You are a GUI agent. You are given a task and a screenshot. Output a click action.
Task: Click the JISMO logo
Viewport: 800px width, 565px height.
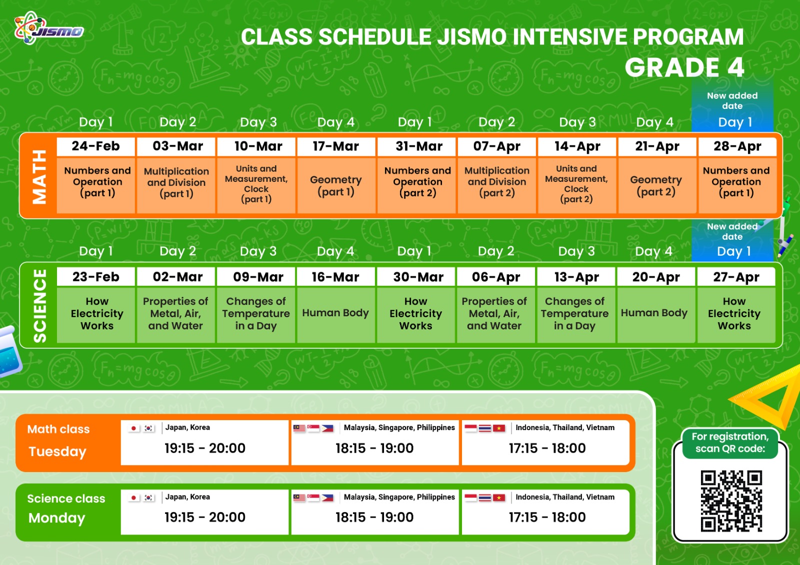point(49,28)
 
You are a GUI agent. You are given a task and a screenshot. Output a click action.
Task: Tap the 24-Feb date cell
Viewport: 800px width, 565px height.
point(95,146)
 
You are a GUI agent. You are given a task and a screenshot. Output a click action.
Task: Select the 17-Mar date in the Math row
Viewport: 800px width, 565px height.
point(336,146)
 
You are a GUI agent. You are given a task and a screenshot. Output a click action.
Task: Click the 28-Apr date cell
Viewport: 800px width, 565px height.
point(737,146)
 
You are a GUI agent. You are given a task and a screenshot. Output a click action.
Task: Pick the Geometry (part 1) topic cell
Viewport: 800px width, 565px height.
point(336,185)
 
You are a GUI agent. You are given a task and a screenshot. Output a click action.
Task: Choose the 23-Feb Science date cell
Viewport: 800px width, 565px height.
point(95,277)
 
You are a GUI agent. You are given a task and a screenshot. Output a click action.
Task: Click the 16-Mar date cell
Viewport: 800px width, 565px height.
point(335,277)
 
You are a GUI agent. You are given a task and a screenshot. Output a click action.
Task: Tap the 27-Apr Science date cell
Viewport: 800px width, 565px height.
point(736,277)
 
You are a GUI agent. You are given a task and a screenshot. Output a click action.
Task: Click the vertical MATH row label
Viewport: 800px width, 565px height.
point(39,177)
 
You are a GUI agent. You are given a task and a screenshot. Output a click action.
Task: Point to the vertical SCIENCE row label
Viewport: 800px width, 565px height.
point(39,306)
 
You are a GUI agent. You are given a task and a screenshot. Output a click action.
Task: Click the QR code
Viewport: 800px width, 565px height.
point(731,501)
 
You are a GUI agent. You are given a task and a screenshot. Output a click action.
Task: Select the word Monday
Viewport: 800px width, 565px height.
point(57,518)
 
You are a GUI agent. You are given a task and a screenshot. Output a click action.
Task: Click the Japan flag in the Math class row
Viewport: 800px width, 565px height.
point(133,428)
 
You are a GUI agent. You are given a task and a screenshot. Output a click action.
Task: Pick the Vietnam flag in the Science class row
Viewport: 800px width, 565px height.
point(498,498)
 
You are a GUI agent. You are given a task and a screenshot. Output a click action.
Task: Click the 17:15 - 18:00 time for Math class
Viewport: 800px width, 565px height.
point(547,448)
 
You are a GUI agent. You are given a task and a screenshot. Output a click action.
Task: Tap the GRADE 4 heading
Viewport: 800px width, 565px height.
point(684,67)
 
